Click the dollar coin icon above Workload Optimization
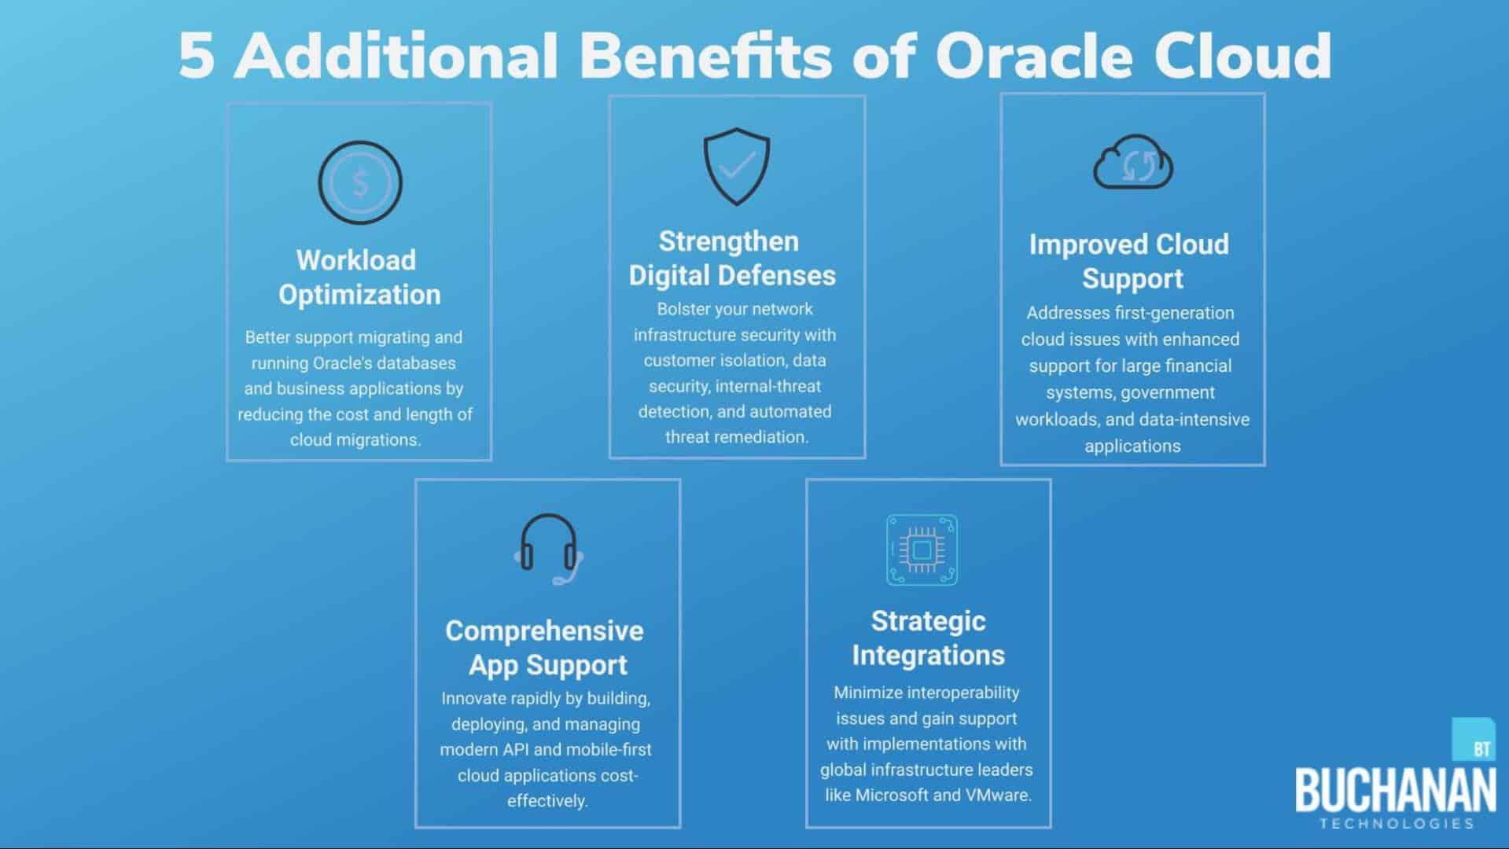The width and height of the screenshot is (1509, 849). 360,182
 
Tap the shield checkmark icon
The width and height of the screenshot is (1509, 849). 737,167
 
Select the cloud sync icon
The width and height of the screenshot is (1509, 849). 1133,162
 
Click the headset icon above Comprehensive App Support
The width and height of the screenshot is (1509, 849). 549,549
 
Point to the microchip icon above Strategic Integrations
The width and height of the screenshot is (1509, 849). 922,549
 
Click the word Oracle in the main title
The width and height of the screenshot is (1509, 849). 1033,56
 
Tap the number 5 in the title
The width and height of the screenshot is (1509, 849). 197,57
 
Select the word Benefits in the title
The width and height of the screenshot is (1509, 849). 706,56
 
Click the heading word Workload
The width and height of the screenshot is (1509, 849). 356,260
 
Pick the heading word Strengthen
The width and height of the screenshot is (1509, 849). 728,241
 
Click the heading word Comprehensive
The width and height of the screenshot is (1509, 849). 544,630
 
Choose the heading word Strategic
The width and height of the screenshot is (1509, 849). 928,621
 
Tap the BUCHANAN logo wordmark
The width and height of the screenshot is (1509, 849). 1396,790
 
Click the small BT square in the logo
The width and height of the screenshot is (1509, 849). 1473,739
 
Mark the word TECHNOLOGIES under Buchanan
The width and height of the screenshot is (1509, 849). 1397,824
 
